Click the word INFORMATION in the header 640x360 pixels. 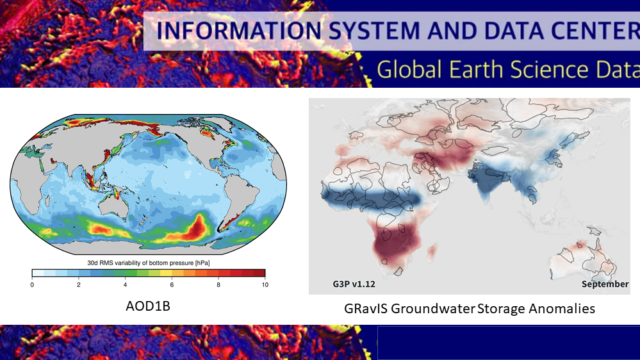click(x=239, y=31)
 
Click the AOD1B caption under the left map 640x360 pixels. click(x=148, y=306)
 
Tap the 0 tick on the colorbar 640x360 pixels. click(x=32, y=285)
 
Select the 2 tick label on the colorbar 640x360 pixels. click(x=79, y=285)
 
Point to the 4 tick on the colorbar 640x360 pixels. click(x=126, y=285)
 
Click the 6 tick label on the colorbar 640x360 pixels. click(x=172, y=285)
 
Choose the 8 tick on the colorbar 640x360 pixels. click(x=218, y=285)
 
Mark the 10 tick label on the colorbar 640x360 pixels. click(x=265, y=285)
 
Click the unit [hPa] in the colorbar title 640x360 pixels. click(x=202, y=263)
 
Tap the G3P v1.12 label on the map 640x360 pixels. click(x=354, y=284)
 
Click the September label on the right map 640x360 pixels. click(x=605, y=284)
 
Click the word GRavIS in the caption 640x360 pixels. click(x=366, y=308)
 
